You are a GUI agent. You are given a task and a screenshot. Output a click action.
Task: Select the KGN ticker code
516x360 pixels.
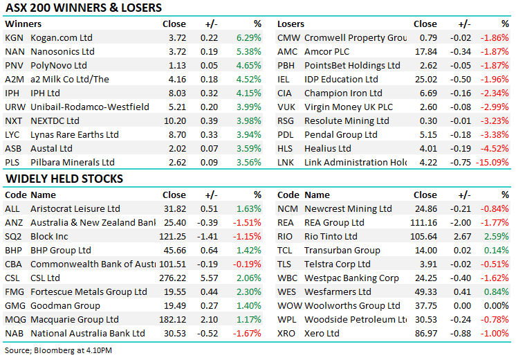point(15,37)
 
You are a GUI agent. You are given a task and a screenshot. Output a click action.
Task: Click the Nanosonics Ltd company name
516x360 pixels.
point(63,51)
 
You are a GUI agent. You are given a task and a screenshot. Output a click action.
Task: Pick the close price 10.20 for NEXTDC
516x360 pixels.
point(174,120)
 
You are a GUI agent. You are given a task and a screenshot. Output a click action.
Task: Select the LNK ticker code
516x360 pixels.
point(286,162)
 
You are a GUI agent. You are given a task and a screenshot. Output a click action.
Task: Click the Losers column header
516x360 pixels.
point(291,24)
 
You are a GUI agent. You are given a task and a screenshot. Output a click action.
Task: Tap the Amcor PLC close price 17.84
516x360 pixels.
point(425,51)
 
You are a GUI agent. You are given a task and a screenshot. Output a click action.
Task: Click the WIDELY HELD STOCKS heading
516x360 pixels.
point(64,179)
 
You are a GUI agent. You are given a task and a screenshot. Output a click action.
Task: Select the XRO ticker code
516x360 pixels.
point(287,333)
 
